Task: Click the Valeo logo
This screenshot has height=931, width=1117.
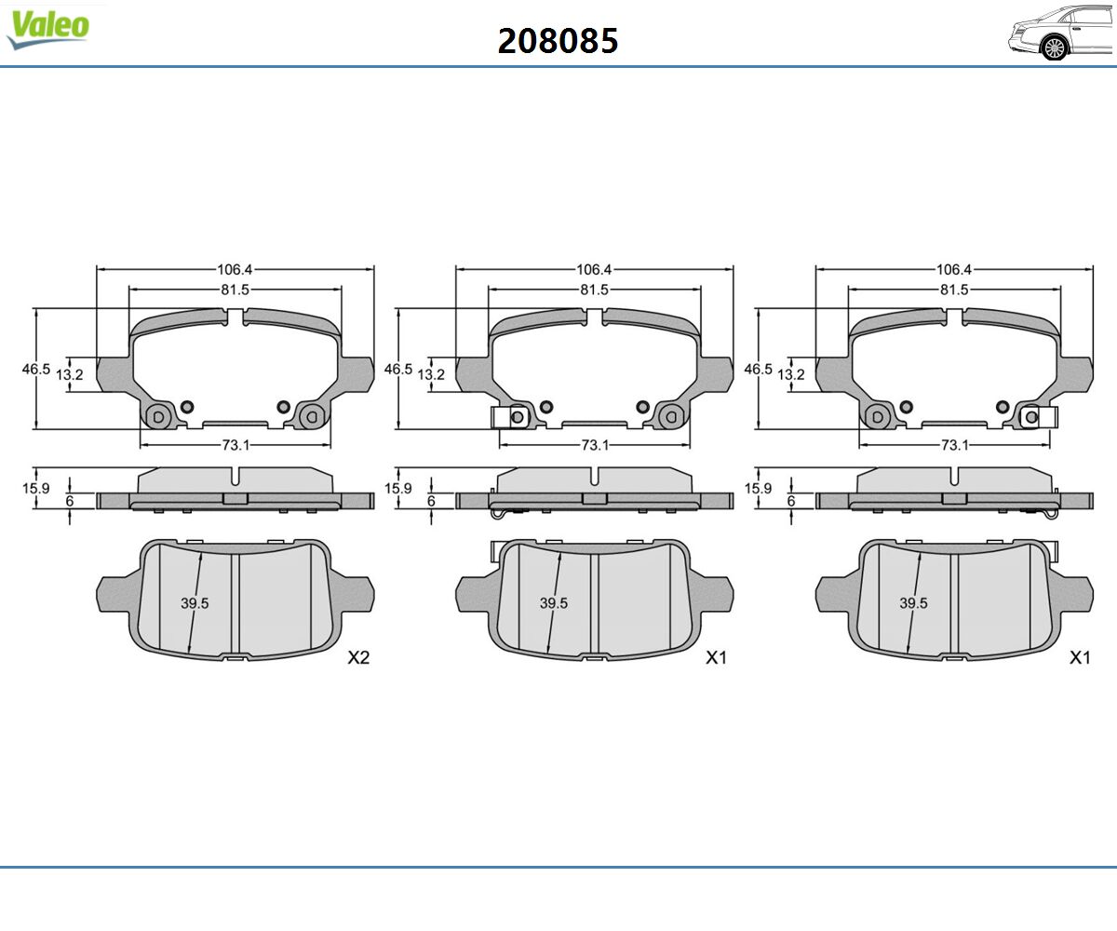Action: coord(48,29)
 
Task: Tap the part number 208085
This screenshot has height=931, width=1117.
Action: coord(558,41)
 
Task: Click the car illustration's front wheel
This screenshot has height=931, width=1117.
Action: coord(1055,48)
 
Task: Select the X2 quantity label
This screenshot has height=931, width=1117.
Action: coord(358,657)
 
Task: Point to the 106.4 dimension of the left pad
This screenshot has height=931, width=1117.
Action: coord(235,269)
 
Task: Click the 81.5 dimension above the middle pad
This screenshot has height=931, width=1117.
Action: coord(595,290)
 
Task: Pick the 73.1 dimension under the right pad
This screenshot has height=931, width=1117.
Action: coord(955,445)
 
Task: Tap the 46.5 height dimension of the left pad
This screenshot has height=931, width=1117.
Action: coord(36,369)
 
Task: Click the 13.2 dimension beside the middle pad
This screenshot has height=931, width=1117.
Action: coord(431,374)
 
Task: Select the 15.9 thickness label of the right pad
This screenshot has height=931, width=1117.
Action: coord(758,488)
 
